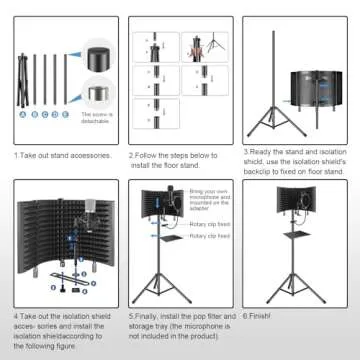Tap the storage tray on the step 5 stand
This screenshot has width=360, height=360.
point(169,270)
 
